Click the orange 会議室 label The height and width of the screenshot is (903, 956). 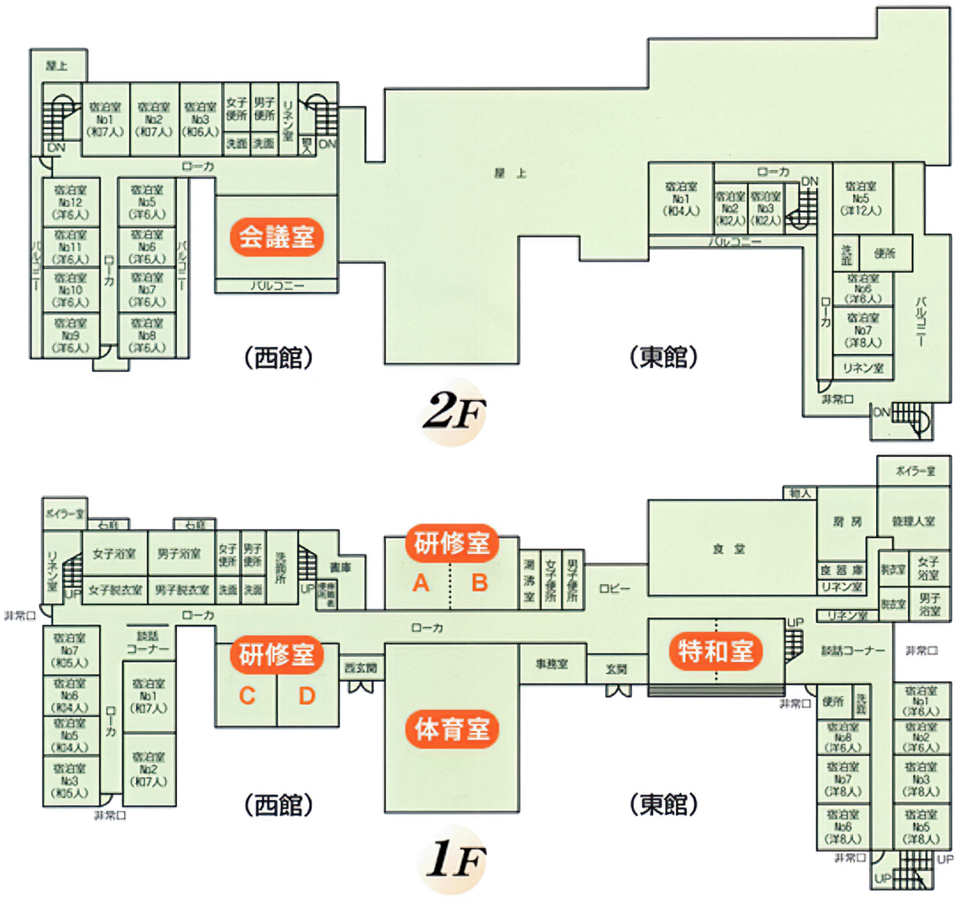click(x=276, y=237)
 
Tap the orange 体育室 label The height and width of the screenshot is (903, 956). click(x=452, y=728)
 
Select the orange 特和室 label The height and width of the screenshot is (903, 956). click(x=715, y=651)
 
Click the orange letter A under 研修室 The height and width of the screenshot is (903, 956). click(x=421, y=583)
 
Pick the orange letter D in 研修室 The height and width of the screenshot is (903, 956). click(x=307, y=696)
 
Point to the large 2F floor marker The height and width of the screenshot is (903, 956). click(x=454, y=412)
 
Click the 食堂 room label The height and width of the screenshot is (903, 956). click(x=728, y=549)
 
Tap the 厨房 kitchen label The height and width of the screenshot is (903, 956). click(x=847, y=521)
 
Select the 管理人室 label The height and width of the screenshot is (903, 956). click(x=913, y=521)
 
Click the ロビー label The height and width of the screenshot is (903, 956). click(x=615, y=589)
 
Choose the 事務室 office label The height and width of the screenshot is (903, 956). click(x=552, y=663)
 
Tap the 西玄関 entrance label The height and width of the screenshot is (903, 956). click(x=361, y=668)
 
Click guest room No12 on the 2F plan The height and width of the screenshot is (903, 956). click(x=71, y=202)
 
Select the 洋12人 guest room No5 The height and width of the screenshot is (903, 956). click(x=861, y=199)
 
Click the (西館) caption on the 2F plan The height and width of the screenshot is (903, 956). click(x=279, y=358)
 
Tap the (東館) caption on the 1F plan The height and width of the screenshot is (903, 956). click(x=663, y=804)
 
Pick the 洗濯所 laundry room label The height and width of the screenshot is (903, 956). click(x=281, y=568)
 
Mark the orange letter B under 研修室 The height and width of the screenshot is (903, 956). click(x=479, y=583)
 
